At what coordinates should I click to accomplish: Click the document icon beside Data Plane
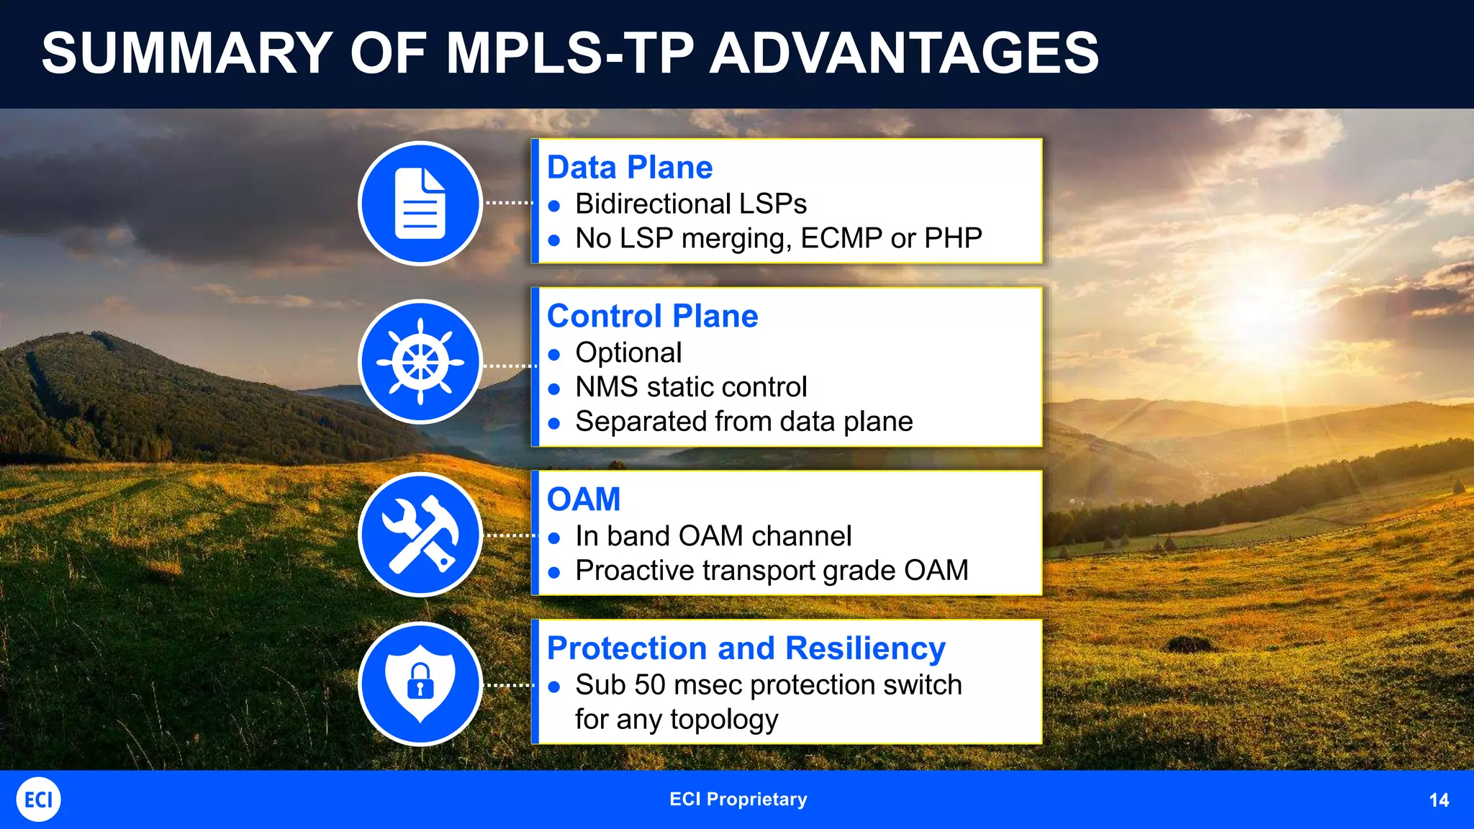click(x=420, y=203)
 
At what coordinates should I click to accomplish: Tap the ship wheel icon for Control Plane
click(x=420, y=362)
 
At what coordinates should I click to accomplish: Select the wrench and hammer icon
click(x=420, y=535)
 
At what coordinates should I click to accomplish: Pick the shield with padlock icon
click(x=420, y=684)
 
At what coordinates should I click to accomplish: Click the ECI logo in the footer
click(x=38, y=799)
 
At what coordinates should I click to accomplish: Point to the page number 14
click(x=1439, y=800)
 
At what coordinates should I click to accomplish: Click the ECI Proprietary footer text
click(x=738, y=799)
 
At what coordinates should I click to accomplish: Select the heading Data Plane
click(x=630, y=168)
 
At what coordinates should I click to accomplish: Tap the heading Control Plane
click(x=652, y=317)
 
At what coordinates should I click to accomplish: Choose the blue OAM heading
click(x=583, y=499)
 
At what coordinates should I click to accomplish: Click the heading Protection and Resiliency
click(x=746, y=648)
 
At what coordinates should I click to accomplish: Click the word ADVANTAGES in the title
click(x=904, y=53)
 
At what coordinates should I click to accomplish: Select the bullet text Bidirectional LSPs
click(x=690, y=204)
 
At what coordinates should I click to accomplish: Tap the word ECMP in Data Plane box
click(x=841, y=238)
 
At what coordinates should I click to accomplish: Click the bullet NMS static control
click(x=690, y=387)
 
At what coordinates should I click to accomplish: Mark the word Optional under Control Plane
click(x=628, y=353)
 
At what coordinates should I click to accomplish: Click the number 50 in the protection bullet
click(x=650, y=685)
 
